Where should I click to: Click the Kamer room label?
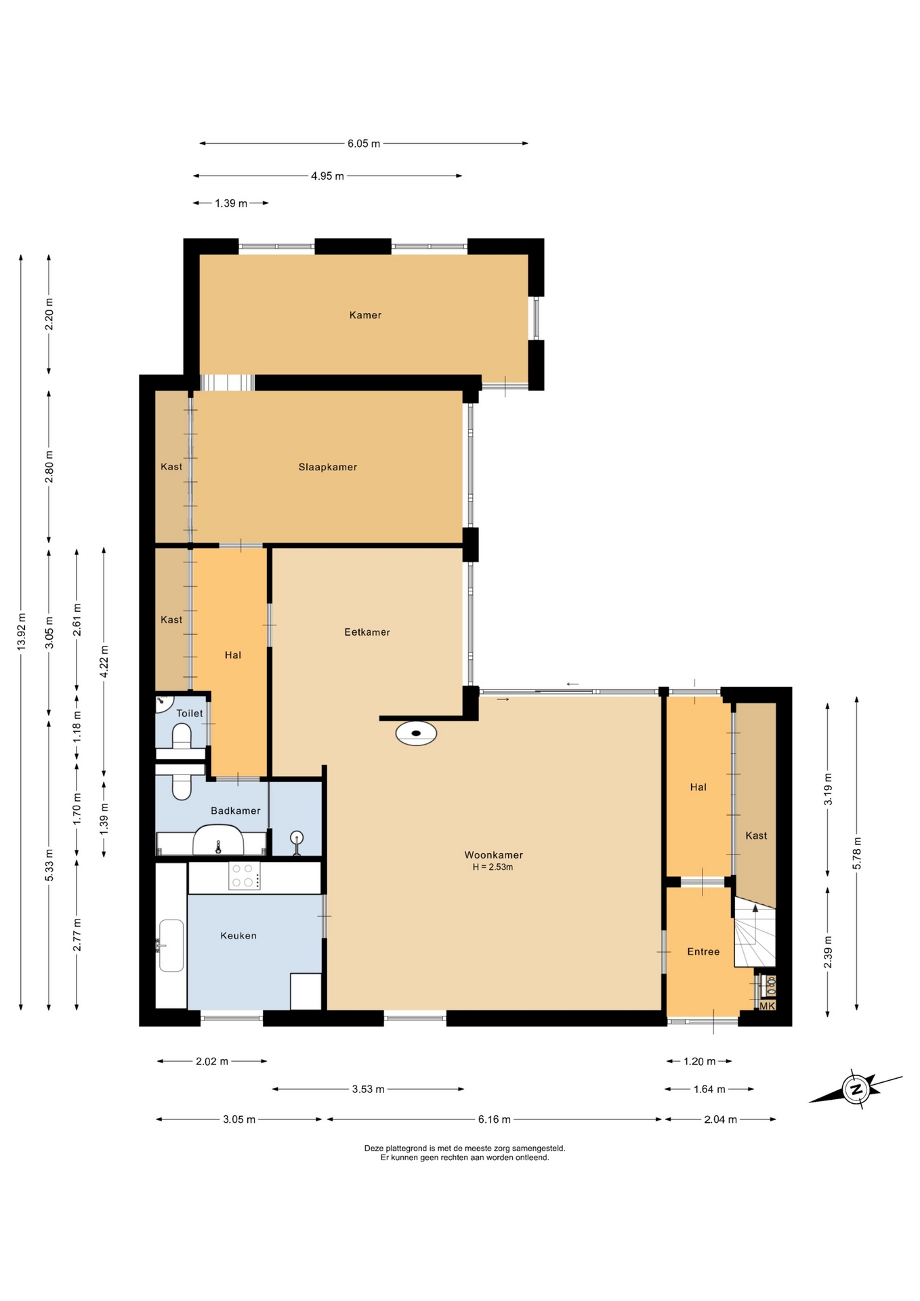click(x=365, y=315)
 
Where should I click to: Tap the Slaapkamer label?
click(x=328, y=467)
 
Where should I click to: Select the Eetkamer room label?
click(x=367, y=632)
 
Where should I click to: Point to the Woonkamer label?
click(x=493, y=855)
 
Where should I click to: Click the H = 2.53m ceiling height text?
click(x=493, y=867)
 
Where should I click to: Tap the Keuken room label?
click(x=238, y=936)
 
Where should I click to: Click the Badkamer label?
click(x=236, y=811)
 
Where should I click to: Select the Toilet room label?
click(x=190, y=714)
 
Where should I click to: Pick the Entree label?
click(x=703, y=952)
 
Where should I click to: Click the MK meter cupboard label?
click(x=767, y=1006)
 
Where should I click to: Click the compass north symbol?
click(x=856, y=1090)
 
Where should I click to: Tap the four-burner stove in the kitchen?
click(x=245, y=875)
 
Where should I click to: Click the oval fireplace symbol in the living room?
click(x=416, y=733)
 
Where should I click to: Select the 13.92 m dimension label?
click(x=21, y=632)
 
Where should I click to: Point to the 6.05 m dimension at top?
click(x=364, y=144)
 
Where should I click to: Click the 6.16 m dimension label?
click(x=495, y=1119)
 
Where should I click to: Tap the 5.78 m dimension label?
click(x=857, y=852)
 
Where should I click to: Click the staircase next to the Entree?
click(x=755, y=932)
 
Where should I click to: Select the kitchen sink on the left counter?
click(x=171, y=945)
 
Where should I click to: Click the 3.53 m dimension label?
click(x=368, y=1090)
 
